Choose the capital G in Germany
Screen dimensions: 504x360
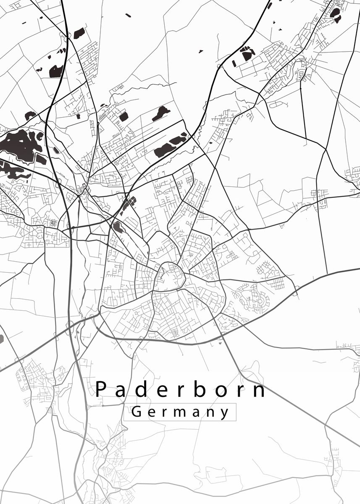click(x=136, y=412)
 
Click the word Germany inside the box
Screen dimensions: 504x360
click(x=180, y=412)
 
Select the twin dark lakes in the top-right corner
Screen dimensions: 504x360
click(x=335, y=14)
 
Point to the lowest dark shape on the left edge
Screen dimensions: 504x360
click(x=1, y=339)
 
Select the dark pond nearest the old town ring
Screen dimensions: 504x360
click(x=118, y=227)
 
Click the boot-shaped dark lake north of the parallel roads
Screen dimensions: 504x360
click(x=161, y=113)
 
